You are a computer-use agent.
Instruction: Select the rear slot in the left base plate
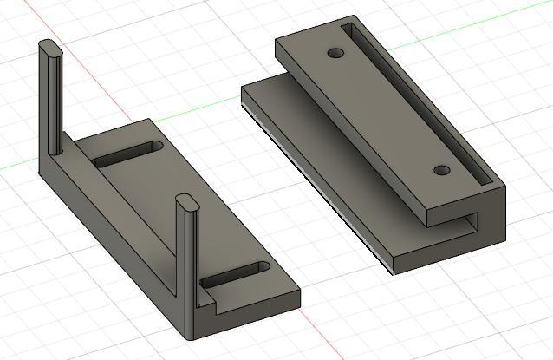129,154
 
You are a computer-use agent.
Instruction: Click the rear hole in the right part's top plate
336,54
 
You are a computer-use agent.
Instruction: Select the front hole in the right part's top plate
441,170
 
